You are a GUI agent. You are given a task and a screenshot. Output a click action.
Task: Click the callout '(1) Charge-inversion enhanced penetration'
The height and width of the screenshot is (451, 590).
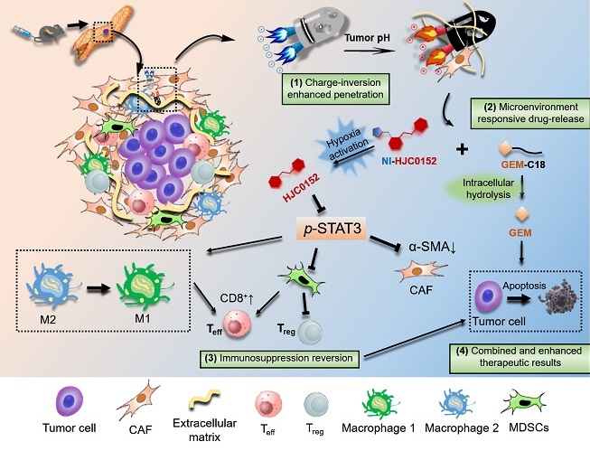334,88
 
